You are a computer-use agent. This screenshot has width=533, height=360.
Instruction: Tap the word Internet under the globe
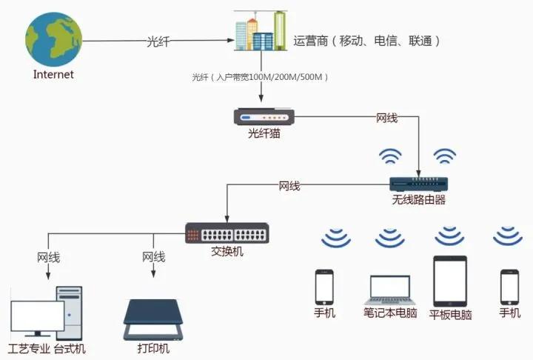[53, 75]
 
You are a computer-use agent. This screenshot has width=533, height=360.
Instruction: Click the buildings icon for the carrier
[261, 31]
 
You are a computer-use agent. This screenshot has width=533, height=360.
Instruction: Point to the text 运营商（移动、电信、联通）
[367, 41]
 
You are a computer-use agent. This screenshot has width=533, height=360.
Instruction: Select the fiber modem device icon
[264, 116]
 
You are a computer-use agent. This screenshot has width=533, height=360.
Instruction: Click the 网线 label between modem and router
[387, 117]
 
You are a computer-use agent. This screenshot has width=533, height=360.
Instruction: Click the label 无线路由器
[419, 201]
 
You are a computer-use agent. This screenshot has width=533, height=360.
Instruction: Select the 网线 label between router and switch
[289, 186]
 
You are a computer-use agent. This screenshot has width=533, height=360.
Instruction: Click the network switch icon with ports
[227, 233]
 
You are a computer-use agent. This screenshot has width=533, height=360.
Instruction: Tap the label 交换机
[227, 252]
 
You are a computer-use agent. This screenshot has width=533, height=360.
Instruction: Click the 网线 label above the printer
[153, 258]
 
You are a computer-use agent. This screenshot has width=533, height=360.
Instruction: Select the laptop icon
[389, 290]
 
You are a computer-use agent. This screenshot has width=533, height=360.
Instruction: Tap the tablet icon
[450, 281]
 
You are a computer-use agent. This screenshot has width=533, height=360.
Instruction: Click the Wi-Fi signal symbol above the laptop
[390, 238]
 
